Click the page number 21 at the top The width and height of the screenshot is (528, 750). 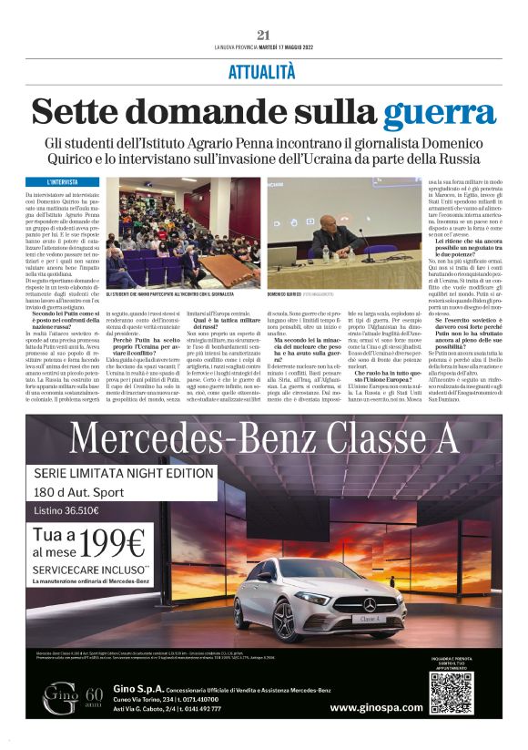point(264,35)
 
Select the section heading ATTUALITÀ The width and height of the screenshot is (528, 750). point(264,69)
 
